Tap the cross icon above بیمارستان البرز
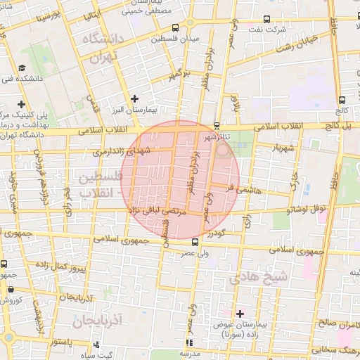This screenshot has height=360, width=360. (x=134, y=98)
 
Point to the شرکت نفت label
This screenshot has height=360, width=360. (x=271, y=30)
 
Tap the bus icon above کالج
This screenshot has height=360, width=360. (x=342, y=100)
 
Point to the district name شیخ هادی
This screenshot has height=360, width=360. (x=264, y=277)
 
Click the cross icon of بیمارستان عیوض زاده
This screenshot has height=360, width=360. (x=240, y=313)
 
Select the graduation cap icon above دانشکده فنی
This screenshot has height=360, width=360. (x=22, y=68)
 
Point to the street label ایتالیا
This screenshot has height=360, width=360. (x=91, y=15)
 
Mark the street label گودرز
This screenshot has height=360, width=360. (x=216, y=233)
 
